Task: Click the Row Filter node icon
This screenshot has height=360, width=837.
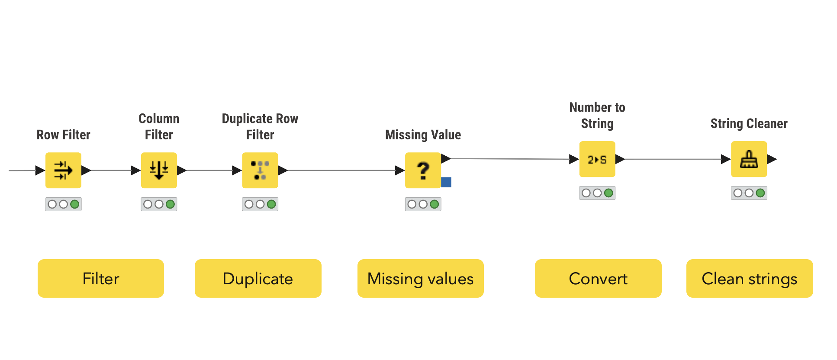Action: pos(63,170)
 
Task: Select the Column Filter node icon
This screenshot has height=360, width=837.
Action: pos(159,170)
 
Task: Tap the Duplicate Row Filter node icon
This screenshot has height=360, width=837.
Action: pos(260,170)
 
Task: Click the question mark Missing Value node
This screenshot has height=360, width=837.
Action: pos(423,170)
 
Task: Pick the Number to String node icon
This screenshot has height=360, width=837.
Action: pos(597,159)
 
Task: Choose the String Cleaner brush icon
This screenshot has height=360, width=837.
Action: pos(749,159)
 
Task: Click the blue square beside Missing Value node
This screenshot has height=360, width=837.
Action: pos(446,182)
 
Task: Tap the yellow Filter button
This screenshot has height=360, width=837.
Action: pos(101,278)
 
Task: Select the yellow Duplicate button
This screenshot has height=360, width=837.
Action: pos(258,278)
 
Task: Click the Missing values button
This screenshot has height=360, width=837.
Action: pos(421,278)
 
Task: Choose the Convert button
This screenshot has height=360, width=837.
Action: pos(598,278)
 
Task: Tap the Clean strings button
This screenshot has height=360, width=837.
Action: pos(750,278)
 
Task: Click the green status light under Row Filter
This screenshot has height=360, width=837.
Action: pos(75,204)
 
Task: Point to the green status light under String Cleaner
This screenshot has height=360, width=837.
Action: pos(760,193)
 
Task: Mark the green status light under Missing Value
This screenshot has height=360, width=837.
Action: pos(435,204)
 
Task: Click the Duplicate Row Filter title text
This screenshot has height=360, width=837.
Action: pos(260,126)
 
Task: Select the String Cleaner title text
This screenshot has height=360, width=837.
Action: pos(749,124)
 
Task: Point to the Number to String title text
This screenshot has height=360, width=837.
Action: pos(597,115)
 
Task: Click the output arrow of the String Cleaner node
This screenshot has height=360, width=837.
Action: pos(772,159)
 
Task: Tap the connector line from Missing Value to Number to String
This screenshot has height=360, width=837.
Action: pos(510,159)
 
